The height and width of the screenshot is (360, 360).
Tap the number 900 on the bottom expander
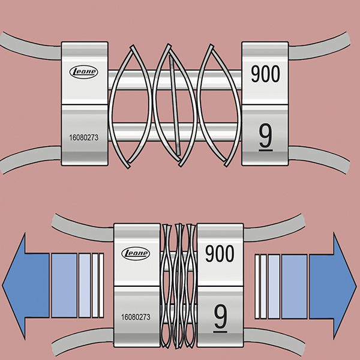pyautogui.click(x=220, y=254)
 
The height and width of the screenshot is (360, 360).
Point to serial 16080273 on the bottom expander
pyautogui.click(x=134, y=316)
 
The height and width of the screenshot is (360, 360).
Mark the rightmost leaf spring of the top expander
pyautogui.click(x=218, y=104)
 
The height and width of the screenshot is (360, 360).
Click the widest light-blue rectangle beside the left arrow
pyautogui.click(x=64, y=285)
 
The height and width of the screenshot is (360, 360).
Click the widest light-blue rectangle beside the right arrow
pyautogui.click(x=294, y=284)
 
